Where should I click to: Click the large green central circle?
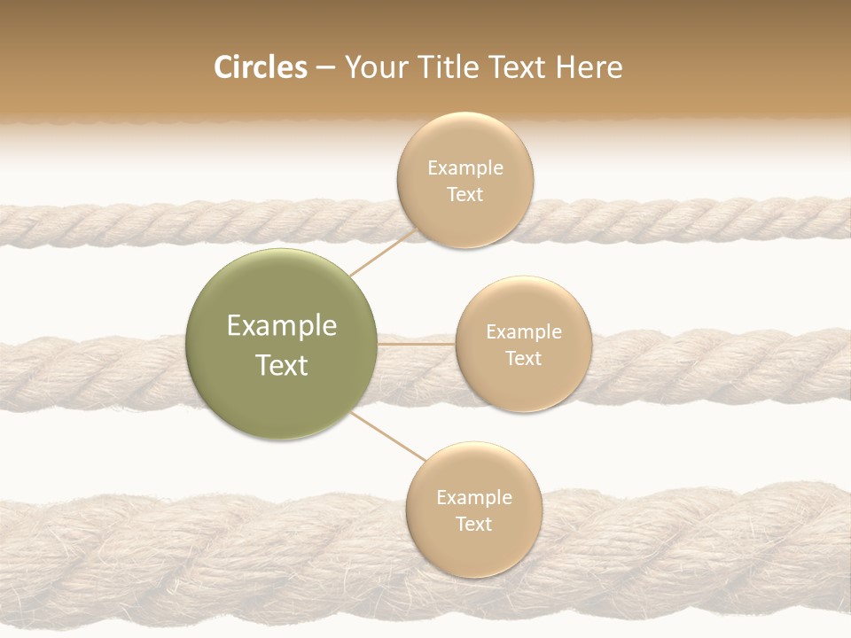[282, 344]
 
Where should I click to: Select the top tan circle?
[465, 180]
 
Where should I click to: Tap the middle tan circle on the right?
[523, 344]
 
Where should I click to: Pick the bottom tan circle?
[473, 510]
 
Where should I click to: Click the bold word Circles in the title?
[260, 67]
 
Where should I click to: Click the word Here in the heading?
[589, 67]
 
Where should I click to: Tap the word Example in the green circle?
[282, 326]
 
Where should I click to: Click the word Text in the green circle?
[282, 365]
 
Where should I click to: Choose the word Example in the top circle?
[465, 167]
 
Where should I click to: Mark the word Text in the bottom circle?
[473, 524]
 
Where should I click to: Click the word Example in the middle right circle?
[524, 331]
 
